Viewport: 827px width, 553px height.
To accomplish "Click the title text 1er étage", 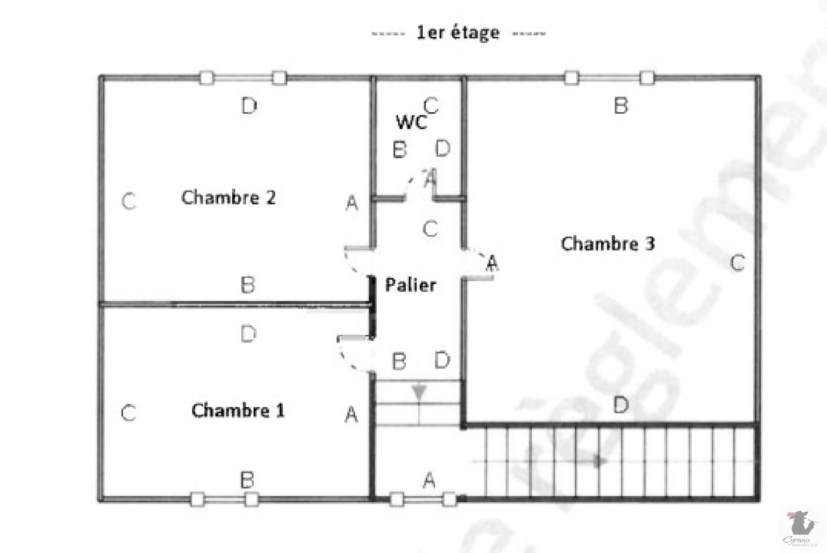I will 458,33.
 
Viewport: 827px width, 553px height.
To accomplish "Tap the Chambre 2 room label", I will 228,197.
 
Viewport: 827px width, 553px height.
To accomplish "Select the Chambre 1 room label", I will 238,411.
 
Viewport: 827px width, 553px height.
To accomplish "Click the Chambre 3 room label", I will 608,243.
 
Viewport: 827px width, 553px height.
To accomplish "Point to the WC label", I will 411,122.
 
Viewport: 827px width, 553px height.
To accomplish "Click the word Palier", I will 411,285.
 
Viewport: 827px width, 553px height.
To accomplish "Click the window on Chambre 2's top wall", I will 243,78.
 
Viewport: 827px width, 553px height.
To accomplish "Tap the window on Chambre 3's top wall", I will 609,78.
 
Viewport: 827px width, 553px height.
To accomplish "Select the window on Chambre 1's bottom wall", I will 224,499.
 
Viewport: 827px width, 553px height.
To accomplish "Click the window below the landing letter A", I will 423,499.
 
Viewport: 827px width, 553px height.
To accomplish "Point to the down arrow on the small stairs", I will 419,393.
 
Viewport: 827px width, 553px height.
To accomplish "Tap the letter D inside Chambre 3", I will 621,405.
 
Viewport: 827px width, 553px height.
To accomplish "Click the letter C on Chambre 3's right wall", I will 737,263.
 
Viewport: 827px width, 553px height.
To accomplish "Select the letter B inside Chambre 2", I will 248,285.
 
